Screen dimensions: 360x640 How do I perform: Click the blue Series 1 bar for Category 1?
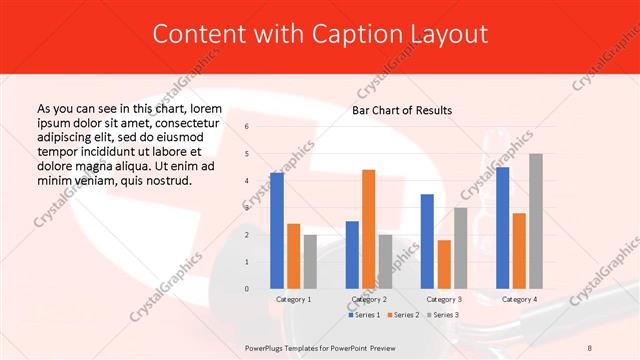click(277, 231)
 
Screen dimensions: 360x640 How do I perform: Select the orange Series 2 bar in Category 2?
click(368, 229)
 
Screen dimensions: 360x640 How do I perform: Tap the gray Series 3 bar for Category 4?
click(536, 221)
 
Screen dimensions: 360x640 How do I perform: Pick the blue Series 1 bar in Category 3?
click(427, 241)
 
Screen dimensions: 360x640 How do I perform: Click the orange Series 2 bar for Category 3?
click(444, 264)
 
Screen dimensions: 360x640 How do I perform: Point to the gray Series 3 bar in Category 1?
click(310, 262)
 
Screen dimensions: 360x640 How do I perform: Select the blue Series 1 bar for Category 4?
click(502, 228)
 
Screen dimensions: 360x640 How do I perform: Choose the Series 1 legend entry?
click(363, 315)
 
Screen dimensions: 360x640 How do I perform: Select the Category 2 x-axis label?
click(369, 299)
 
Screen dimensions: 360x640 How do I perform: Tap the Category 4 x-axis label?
click(519, 299)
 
